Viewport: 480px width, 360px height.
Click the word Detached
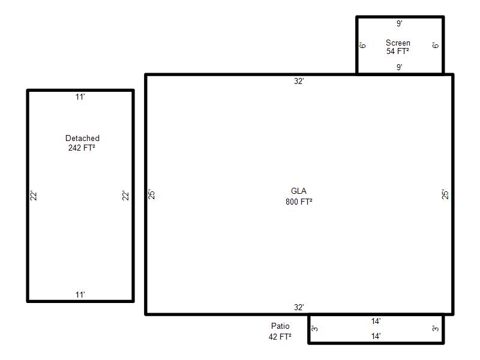click(82, 138)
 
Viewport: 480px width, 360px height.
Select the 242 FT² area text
click(82, 148)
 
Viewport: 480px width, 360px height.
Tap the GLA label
click(298, 191)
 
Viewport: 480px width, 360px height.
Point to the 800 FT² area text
click(299, 202)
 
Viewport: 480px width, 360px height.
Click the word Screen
click(398, 43)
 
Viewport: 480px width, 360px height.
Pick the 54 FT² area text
click(398, 51)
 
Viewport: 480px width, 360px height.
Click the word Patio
click(280, 326)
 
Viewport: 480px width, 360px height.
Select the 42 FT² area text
click(280, 337)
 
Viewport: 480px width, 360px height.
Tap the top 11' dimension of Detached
click(80, 97)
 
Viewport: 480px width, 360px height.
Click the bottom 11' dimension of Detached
click(80, 295)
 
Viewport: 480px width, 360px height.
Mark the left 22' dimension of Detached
click(34, 196)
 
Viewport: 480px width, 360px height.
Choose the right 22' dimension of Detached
click(125, 196)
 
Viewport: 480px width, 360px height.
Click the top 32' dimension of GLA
click(299, 81)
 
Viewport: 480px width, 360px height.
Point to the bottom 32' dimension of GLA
click(299, 307)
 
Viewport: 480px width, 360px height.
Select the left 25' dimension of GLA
click(152, 194)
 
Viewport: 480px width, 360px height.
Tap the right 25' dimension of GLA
click(445, 194)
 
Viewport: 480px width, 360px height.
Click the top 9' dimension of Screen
click(400, 23)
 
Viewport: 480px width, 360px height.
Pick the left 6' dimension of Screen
click(362, 46)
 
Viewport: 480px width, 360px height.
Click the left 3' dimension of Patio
click(314, 329)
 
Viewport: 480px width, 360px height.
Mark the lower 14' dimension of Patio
click(376, 337)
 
